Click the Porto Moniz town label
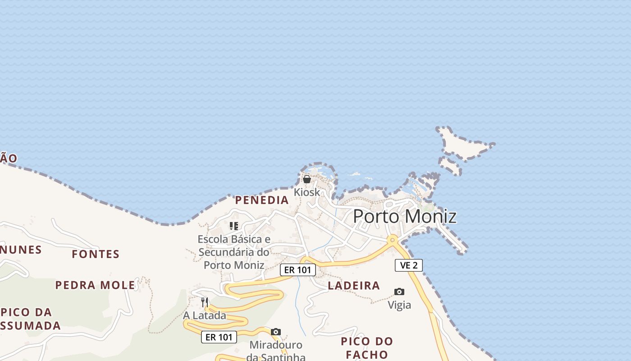pyautogui.click(x=404, y=217)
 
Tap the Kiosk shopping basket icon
pyautogui.click(x=307, y=179)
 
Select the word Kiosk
pyautogui.click(x=307, y=192)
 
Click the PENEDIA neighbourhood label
pyautogui.click(x=262, y=200)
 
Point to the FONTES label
pyautogui.click(x=96, y=255)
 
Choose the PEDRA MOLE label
pyautogui.click(x=95, y=285)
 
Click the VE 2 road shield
pyautogui.click(x=409, y=265)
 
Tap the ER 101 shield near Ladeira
pyautogui.click(x=297, y=270)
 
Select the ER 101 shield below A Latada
pyautogui.click(x=219, y=337)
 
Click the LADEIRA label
pyautogui.click(x=354, y=286)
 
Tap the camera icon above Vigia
pyautogui.click(x=399, y=292)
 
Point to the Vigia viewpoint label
pyautogui.click(x=399, y=305)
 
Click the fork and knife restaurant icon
pyautogui.click(x=205, y=302)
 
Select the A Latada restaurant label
pyautogui.click(x=205, y=315)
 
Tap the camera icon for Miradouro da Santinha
pyautogui.click(x=276, y=332)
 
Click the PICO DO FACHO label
pyautogui.click(x=367, y=347)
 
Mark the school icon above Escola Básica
pyautogui.click(x=233, y=226)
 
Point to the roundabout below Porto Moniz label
pyautogui.click(x=393, y=239)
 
